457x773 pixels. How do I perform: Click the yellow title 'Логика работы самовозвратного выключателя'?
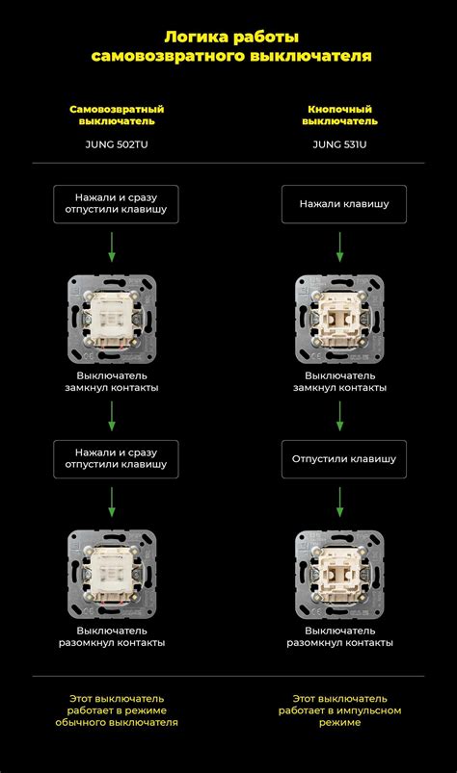tap(231, 46)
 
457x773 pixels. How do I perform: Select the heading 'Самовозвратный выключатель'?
tap(117, 116)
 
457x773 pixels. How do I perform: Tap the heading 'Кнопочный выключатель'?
tap(339, 116)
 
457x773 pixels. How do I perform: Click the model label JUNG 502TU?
tap(117, 144)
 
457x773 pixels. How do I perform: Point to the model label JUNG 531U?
tap(339, 144)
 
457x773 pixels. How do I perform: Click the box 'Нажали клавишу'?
tap(344, 204)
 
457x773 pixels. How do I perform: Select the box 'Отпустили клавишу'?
tap(344, 459)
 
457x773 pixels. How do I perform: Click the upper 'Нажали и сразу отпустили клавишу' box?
tap(116, 204)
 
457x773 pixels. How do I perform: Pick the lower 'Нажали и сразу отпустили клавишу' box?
tap(116, 459)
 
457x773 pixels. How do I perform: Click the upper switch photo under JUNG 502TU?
tap(112, 320)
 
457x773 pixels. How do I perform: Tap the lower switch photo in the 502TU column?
tap(112, 575)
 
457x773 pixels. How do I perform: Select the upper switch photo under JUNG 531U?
tap(339, 320)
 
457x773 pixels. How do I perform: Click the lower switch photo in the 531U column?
tap(339, 575)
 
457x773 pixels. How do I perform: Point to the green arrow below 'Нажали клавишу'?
tap(339, 247)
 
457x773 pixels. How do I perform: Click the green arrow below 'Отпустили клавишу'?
tap(339, 502)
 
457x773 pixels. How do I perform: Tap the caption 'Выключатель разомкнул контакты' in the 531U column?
tap(339, 636)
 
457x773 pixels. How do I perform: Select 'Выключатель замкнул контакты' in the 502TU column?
tap(112, 381)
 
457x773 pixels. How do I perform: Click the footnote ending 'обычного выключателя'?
tap(117, 710)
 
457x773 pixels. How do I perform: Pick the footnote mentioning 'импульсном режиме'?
tap(339, 710)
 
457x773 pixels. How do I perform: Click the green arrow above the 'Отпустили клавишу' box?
tap(339, 416)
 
